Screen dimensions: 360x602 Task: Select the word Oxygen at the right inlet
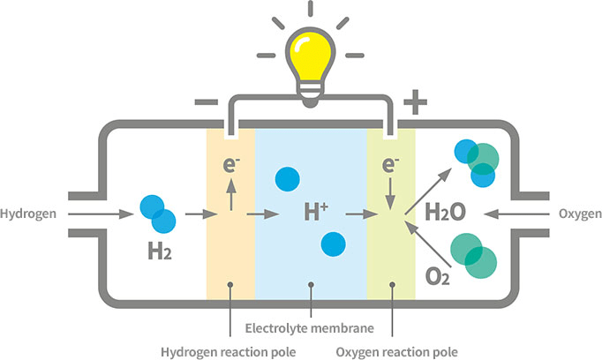pyautogui.click(x=580, y=214)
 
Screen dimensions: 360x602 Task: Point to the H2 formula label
pyautogui.click(x=160, y=254)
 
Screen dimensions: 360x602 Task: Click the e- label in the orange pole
pyautogui.click(x=230, y=165)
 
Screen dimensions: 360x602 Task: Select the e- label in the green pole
pyautogui.click(x=389, y=165)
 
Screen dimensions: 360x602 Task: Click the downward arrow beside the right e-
pyautogui.click(x=389, y=193)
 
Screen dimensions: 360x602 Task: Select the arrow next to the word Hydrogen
pyautogui.click(x=94, y=214)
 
